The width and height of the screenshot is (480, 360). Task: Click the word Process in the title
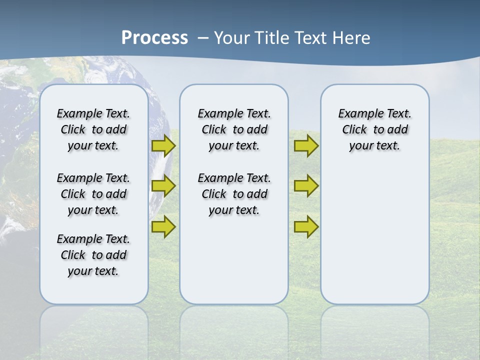click(x=154, y=37)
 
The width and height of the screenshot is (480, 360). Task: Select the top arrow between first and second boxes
click(x=163, y=145)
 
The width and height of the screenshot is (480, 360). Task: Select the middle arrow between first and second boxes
click(x=163, y=185)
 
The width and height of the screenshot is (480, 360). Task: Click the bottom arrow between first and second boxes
click(x=163, y=226)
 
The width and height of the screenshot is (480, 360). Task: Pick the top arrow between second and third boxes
click(x=306, y=146)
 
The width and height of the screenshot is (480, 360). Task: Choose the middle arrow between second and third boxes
click(x=306, y=186)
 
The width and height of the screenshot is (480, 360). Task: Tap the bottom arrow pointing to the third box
click(x=306, y=226)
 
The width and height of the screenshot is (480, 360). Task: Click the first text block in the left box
click(x=93, y=129)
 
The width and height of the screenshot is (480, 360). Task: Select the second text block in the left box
click(x=93, y=194)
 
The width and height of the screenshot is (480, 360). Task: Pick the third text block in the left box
click(x=93, y=255)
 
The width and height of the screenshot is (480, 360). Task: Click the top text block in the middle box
click(x=234, y=129)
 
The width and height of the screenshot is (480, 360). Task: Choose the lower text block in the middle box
click(x=234, y=194)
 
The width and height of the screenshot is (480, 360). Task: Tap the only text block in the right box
click(x=375, y=129)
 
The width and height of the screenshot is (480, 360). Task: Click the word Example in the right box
click(x=356, y=113)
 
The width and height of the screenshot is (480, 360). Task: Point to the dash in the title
click(x=203, y=37)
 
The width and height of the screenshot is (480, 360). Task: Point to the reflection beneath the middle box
click(x=234, y=325)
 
